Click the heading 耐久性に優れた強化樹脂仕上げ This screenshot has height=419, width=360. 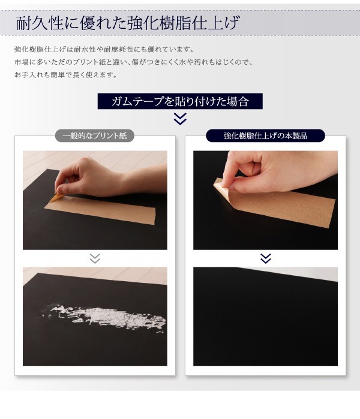click(x=128, y=25)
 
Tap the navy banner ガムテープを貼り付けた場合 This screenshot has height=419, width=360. click(x=180, y=101)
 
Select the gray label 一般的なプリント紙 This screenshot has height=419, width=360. click(x=95, y=135)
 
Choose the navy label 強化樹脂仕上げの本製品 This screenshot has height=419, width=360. click(x=265, y=135)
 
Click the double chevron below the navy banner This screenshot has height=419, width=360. click(x=180, y=119)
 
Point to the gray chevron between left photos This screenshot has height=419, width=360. click(x=95, y=258)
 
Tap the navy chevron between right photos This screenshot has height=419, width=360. click(x=265, y=258)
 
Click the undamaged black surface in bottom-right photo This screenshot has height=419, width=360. click(x=265, y=324)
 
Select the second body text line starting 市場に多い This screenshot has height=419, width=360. click(x=133, y=62)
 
